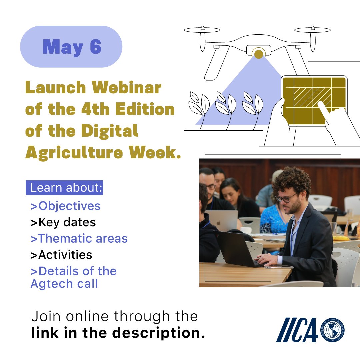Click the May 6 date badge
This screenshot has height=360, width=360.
[x=71, y=47]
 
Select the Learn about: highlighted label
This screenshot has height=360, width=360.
[x=64, y=188]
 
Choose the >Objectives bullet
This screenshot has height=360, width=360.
[x=66, y=206]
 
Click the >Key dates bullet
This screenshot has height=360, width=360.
[x=63, y=222]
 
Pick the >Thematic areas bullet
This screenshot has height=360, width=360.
[x=79, y=239]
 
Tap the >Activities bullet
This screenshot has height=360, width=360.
[x=61, y=255]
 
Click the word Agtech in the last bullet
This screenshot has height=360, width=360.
[x=50, y=284]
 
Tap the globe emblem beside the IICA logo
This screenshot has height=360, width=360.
[x=332, y=330]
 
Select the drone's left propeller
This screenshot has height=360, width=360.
[x=202, y=30]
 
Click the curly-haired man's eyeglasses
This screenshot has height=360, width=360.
[x=286, y=198]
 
